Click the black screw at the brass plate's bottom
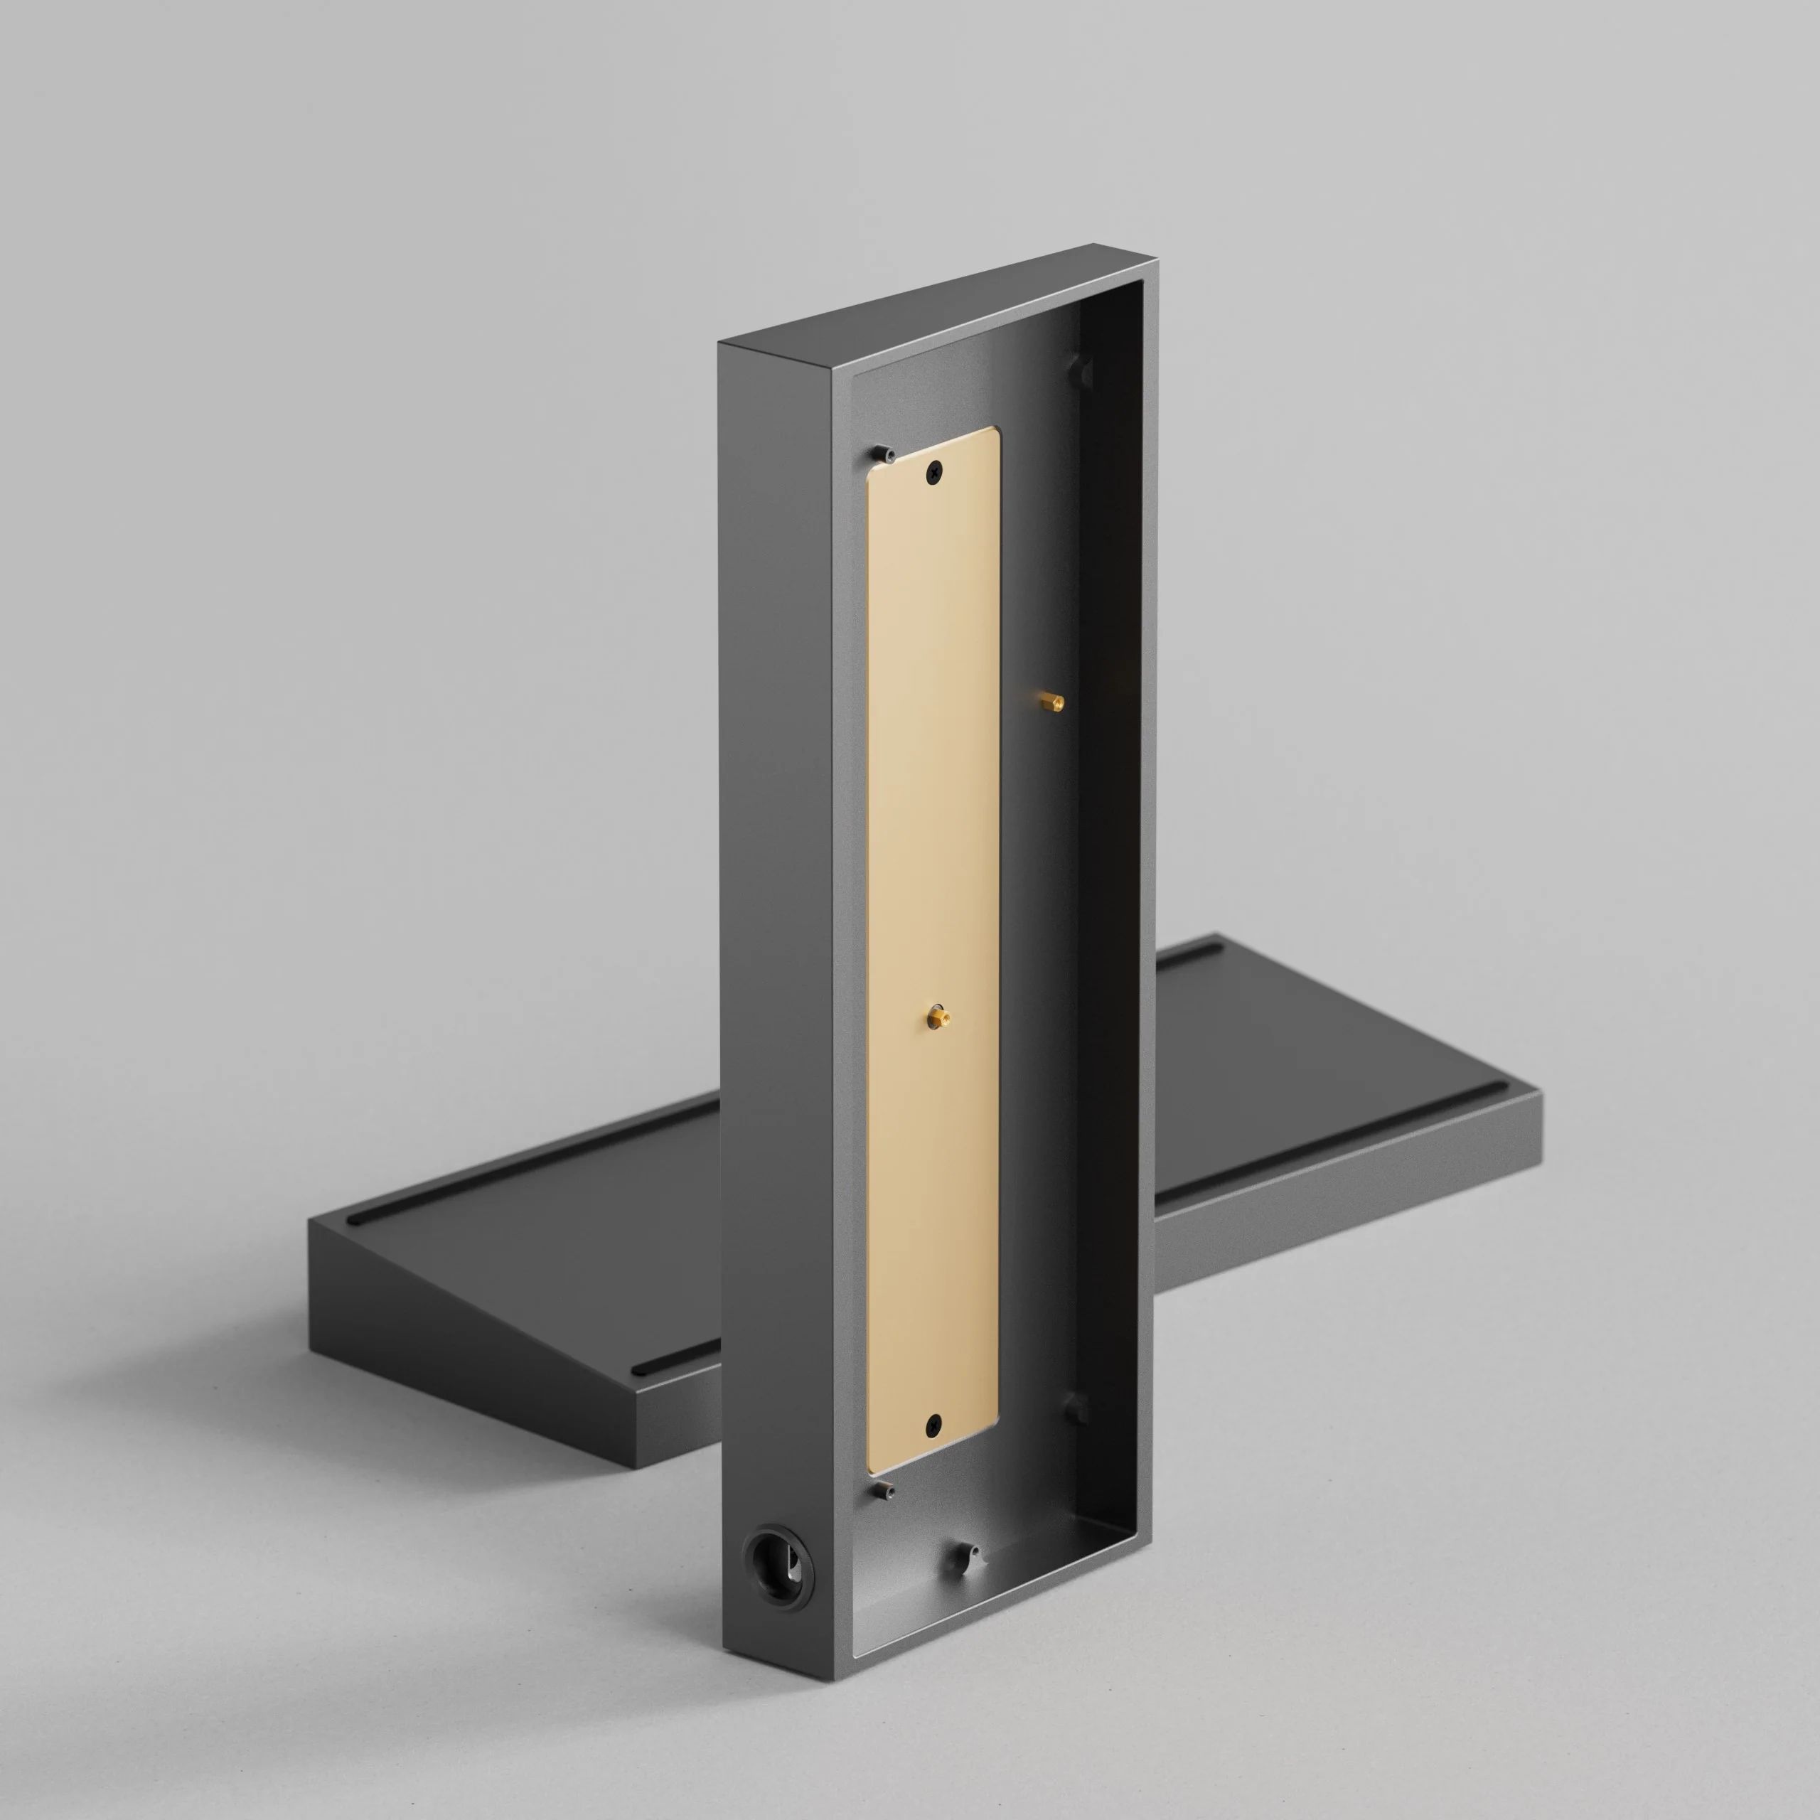933,1423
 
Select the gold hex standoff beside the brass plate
1052,702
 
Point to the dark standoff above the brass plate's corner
883,453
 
